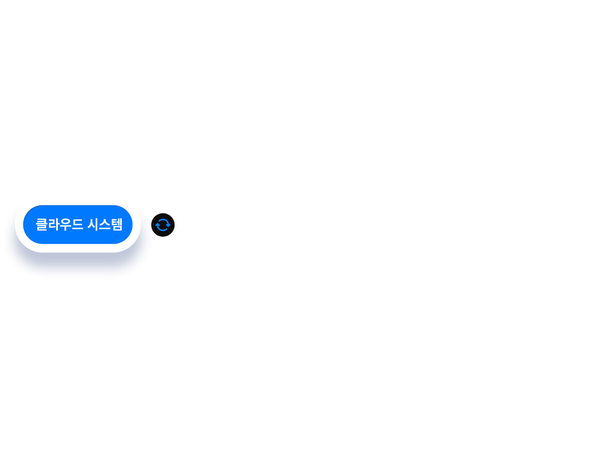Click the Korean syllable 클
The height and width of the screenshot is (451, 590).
[41, 224]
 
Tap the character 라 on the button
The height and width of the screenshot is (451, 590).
[54, 224]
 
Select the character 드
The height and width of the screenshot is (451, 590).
[77, 224]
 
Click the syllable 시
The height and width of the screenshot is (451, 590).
[93, 224]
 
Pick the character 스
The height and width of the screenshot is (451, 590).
[105, 224]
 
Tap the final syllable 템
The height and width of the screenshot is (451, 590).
[117, 224]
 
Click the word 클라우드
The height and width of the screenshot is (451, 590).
[60, 224]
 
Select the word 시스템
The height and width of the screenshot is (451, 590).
[105, 224]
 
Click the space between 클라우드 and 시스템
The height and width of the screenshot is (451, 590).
[86, 224]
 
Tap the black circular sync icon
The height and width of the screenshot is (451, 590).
[163, 225]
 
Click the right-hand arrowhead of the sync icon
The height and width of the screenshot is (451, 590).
[168, 225]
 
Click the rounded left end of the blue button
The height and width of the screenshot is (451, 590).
[30, 224]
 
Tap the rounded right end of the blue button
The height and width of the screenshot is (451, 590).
[126, 224]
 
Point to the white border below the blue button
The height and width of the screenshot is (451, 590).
[78, 248]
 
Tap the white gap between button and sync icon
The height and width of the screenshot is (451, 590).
[146, 225]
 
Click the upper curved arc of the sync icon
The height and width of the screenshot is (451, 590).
[163, 219]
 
